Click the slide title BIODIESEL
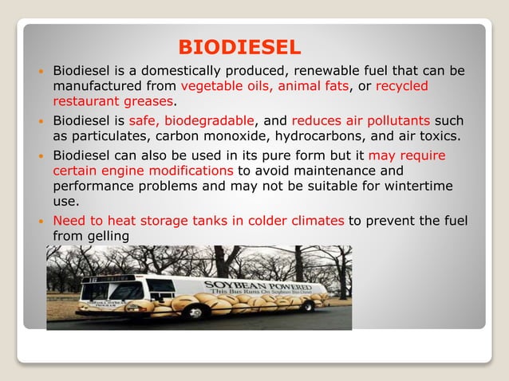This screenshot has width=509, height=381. coord(239,46)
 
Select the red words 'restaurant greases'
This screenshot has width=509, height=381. coord(112,101)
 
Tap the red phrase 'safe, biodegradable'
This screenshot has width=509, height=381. coord(197,120)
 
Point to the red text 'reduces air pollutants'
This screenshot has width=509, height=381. coord(361,120)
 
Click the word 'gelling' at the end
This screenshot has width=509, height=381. coord(109,236)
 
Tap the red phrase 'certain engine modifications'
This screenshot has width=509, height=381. coord(144,171)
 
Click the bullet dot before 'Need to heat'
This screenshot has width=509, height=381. coord(42,221)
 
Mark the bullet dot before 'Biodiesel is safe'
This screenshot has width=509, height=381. coord(42,121)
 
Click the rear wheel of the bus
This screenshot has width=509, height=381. coord(307,305)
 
